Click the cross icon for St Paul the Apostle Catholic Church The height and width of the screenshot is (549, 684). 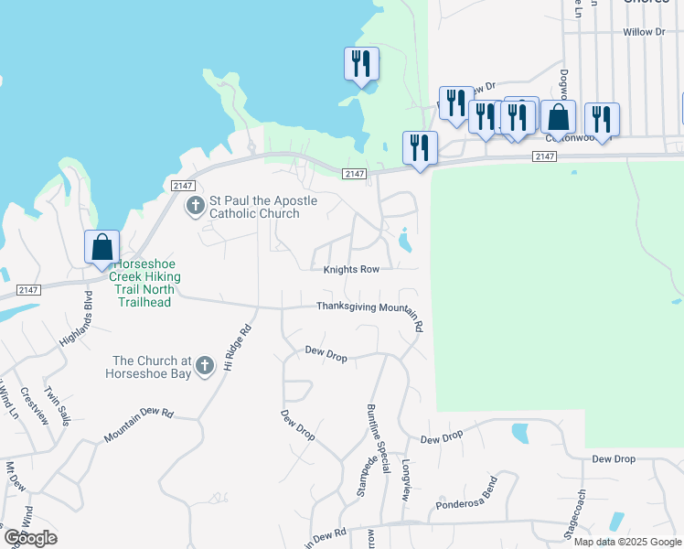click(x=195, y=207)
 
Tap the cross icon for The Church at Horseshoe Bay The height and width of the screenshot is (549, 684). click(x=205, y=366)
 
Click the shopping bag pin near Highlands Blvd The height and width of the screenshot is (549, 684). click(x=102, y=248)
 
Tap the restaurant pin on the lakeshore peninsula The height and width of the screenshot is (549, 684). click(x=361, y=64)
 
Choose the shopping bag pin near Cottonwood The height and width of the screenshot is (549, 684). click(x=559, y=118)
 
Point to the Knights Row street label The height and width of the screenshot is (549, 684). click(x=358, y=270)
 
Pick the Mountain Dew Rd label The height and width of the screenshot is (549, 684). click(x=138, y=426)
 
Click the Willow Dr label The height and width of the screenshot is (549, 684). click(x=643, y=32)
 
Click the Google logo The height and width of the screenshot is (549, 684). click(x=29, y=537)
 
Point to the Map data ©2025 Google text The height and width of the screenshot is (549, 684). click(x=626, y=542)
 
